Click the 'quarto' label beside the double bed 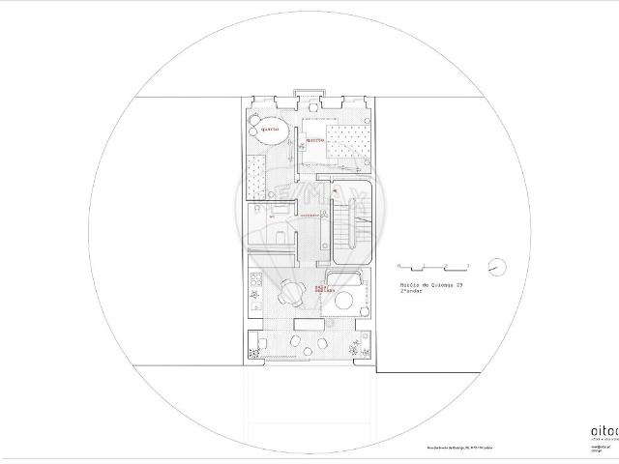click(315, 140)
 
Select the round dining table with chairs click(291, 291)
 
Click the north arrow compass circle click(496, 265)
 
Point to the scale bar click(434, 266)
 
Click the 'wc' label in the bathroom click(273, 217)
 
